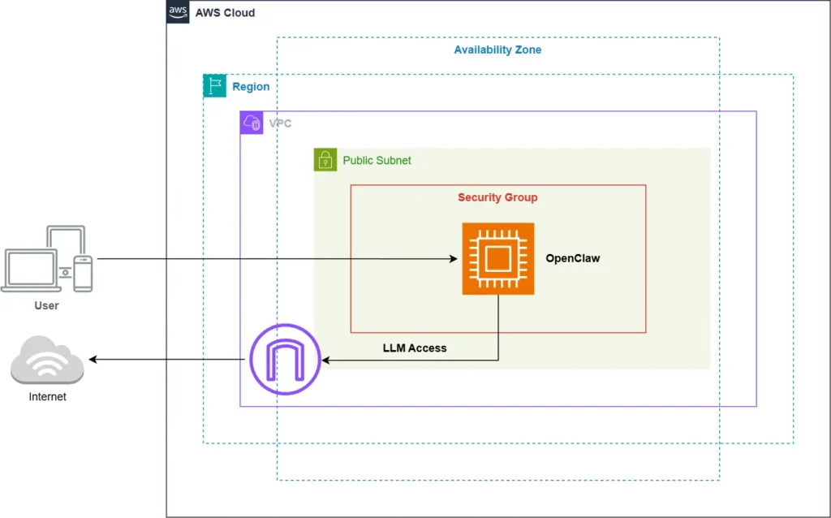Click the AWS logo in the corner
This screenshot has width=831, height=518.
pos(178,12)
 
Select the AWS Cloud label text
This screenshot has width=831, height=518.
pos(225,13)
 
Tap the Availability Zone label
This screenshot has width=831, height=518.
pos(497,50)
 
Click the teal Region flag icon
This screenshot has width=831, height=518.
pos(215,86)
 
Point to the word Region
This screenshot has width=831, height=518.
pos(251,87)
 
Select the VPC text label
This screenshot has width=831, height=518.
pos(280,123)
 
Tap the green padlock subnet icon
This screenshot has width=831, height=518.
pos(325,160)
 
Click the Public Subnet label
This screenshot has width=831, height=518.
pos(377,161)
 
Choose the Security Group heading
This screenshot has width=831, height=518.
pos(497,197)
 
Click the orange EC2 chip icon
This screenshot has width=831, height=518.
pos(497,258)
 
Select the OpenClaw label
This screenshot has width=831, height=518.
pos(572,258)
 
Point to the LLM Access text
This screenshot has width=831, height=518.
pos(414,347)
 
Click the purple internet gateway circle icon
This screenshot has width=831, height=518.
pos(285,359)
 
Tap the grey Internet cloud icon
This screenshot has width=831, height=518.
pos(47,361)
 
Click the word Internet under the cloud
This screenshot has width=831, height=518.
pos(47,397)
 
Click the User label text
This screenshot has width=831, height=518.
pos(46,305)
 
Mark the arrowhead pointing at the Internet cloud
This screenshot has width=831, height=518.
pos(93,359)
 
